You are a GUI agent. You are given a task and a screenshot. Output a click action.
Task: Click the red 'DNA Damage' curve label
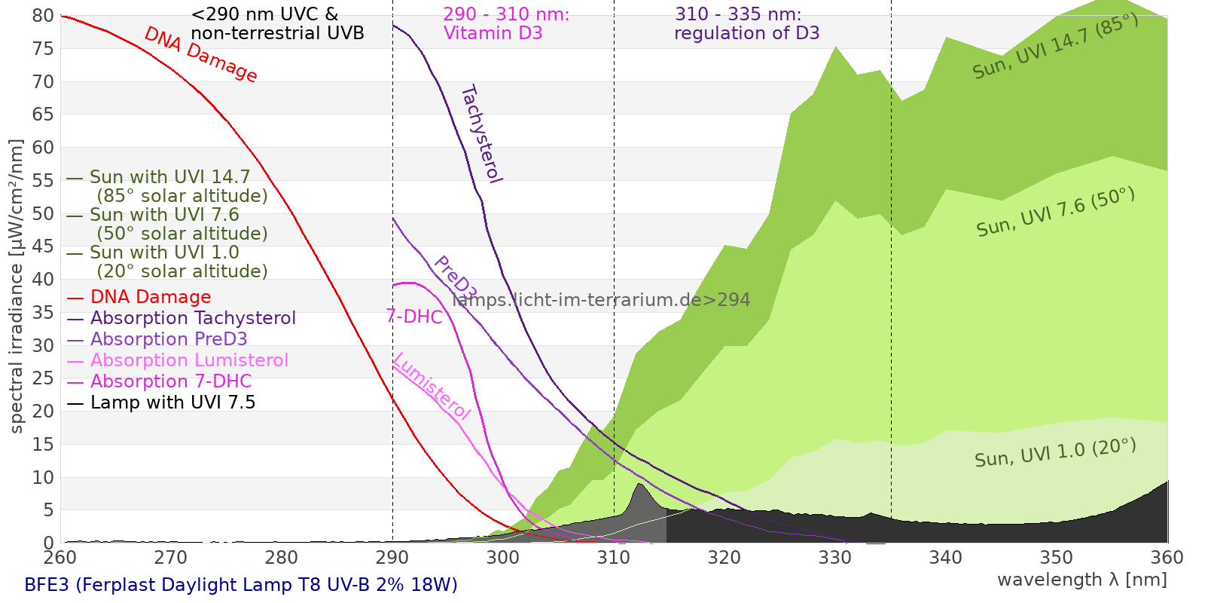click(200, 54)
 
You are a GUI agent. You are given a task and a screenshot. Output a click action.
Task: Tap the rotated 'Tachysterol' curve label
click(481, 134)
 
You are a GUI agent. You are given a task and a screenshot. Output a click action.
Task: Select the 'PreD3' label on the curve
click(455, 277)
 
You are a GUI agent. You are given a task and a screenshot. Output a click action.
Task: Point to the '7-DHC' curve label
click(414, 317)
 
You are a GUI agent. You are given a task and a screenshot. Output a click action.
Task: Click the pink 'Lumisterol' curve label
click(432, 386)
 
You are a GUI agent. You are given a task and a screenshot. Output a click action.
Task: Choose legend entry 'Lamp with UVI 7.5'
click(172, 403)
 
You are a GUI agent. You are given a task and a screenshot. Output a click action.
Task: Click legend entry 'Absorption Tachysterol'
click(193, 318)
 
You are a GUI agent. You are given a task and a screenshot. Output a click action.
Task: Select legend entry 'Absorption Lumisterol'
click(189, 360)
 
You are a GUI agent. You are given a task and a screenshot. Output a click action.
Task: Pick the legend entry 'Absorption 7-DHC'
click(171, 381)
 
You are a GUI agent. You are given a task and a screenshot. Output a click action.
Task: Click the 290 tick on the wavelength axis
click(392, 558)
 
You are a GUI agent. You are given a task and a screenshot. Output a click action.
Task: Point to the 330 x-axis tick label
click(835, 558)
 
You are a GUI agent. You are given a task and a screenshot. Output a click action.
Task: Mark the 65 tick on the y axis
click(44, 115)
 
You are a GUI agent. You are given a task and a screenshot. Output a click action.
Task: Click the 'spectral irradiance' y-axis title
click(17, 286)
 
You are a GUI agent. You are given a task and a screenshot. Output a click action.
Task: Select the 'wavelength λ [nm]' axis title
click(1081, 580)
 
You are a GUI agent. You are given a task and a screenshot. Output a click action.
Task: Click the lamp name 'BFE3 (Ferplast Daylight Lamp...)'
click(241, 585)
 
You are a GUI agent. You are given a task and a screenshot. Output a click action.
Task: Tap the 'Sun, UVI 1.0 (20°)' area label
click(1055, 453)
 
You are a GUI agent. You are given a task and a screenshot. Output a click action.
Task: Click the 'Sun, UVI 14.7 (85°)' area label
click(1055, 46)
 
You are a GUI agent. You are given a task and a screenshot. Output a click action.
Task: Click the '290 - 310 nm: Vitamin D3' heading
click(506, 23)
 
